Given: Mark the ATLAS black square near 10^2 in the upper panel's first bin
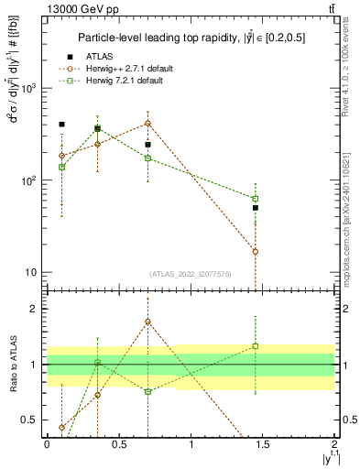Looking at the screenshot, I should point(61,124).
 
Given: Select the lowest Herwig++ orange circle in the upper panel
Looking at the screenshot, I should point(256,251).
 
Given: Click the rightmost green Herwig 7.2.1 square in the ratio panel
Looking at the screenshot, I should point(256,346).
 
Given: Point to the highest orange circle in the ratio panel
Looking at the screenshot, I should point(147,322).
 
